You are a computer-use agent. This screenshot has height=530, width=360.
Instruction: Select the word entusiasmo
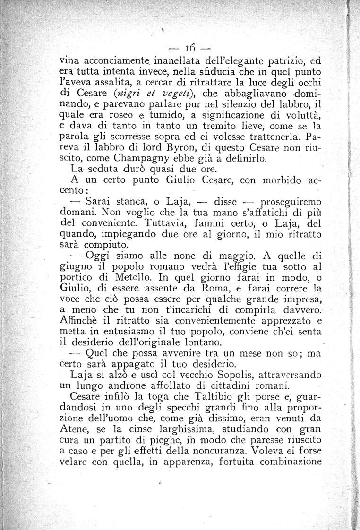[x=129, y=330]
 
